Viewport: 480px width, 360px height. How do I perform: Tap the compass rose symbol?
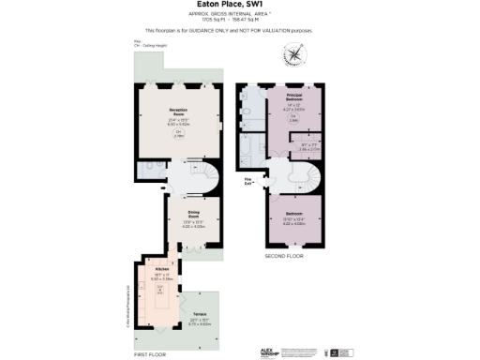click(x=296, y=56)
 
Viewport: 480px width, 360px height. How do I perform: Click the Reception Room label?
click(x=179, y=112)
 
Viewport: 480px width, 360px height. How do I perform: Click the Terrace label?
click(x=199, y=314)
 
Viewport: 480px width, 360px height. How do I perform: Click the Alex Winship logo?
click(x=272, y=352)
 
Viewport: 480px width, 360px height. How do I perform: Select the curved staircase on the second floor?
click(x=309, y=177)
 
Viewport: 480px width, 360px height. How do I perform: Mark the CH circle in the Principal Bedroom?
click(x=292, y=118)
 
